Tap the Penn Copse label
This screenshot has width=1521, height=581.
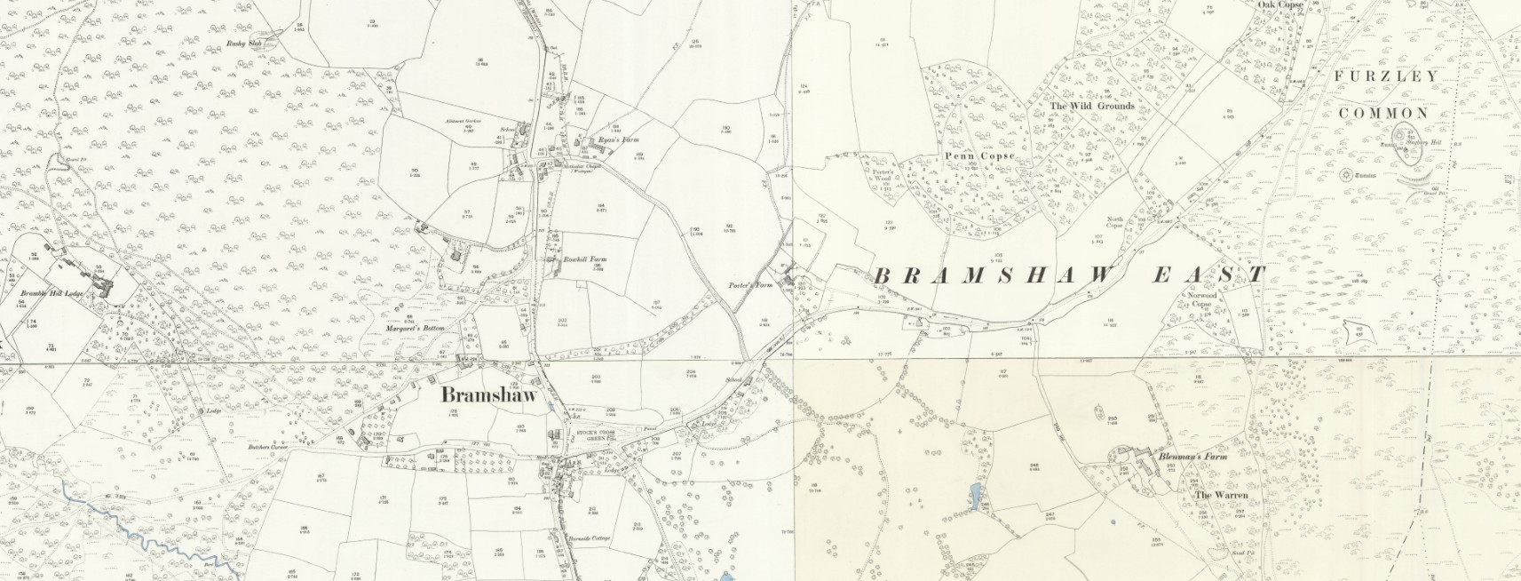tap(978, 156)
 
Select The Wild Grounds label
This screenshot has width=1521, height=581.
tap(1091, 106)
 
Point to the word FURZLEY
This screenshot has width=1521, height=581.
tap(1385, 76)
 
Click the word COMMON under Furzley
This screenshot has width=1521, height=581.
tap(1384, 113)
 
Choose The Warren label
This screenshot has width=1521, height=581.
tap(1221, 495)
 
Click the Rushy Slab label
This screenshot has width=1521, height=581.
tap(244, 43)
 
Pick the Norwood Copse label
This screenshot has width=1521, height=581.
tap(1201, 299)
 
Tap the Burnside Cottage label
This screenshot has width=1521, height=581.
tap(590, 538)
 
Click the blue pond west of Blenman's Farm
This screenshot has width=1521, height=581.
tap(977, 496)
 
